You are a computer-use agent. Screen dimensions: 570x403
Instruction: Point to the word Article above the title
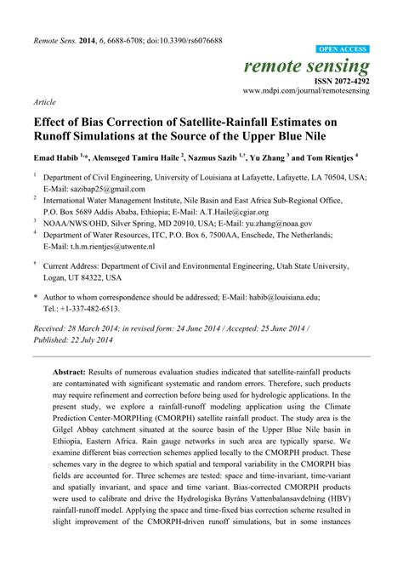coord(45,100)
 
